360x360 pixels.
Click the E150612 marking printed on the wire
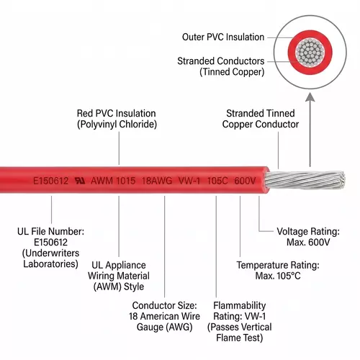tap(51, 181)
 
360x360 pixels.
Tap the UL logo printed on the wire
tap(80, 181)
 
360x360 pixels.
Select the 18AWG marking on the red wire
tap(157, 181)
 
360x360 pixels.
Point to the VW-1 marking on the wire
tap(189, 181)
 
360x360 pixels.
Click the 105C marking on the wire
tap(217, 181)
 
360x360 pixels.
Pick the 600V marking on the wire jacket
tap(245, 181)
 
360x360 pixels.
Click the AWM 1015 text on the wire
tap(113, 181)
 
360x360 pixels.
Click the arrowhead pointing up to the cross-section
tap(310, 97)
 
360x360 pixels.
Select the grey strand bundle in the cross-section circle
tap(310, 52)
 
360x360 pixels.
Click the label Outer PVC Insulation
tap(223, 37)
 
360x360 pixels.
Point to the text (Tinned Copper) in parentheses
tap(232, 72)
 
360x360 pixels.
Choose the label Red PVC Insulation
tap(116, 113)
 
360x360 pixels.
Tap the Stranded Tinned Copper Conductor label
tap(261, 119)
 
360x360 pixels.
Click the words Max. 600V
tap(308, 242)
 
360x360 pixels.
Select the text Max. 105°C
tap(278, 276)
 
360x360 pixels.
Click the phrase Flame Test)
tap(240, 338)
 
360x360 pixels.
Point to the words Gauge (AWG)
tap(164, 327)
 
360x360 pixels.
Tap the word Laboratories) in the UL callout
tap(50, 264)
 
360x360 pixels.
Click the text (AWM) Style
tap(119, 287)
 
